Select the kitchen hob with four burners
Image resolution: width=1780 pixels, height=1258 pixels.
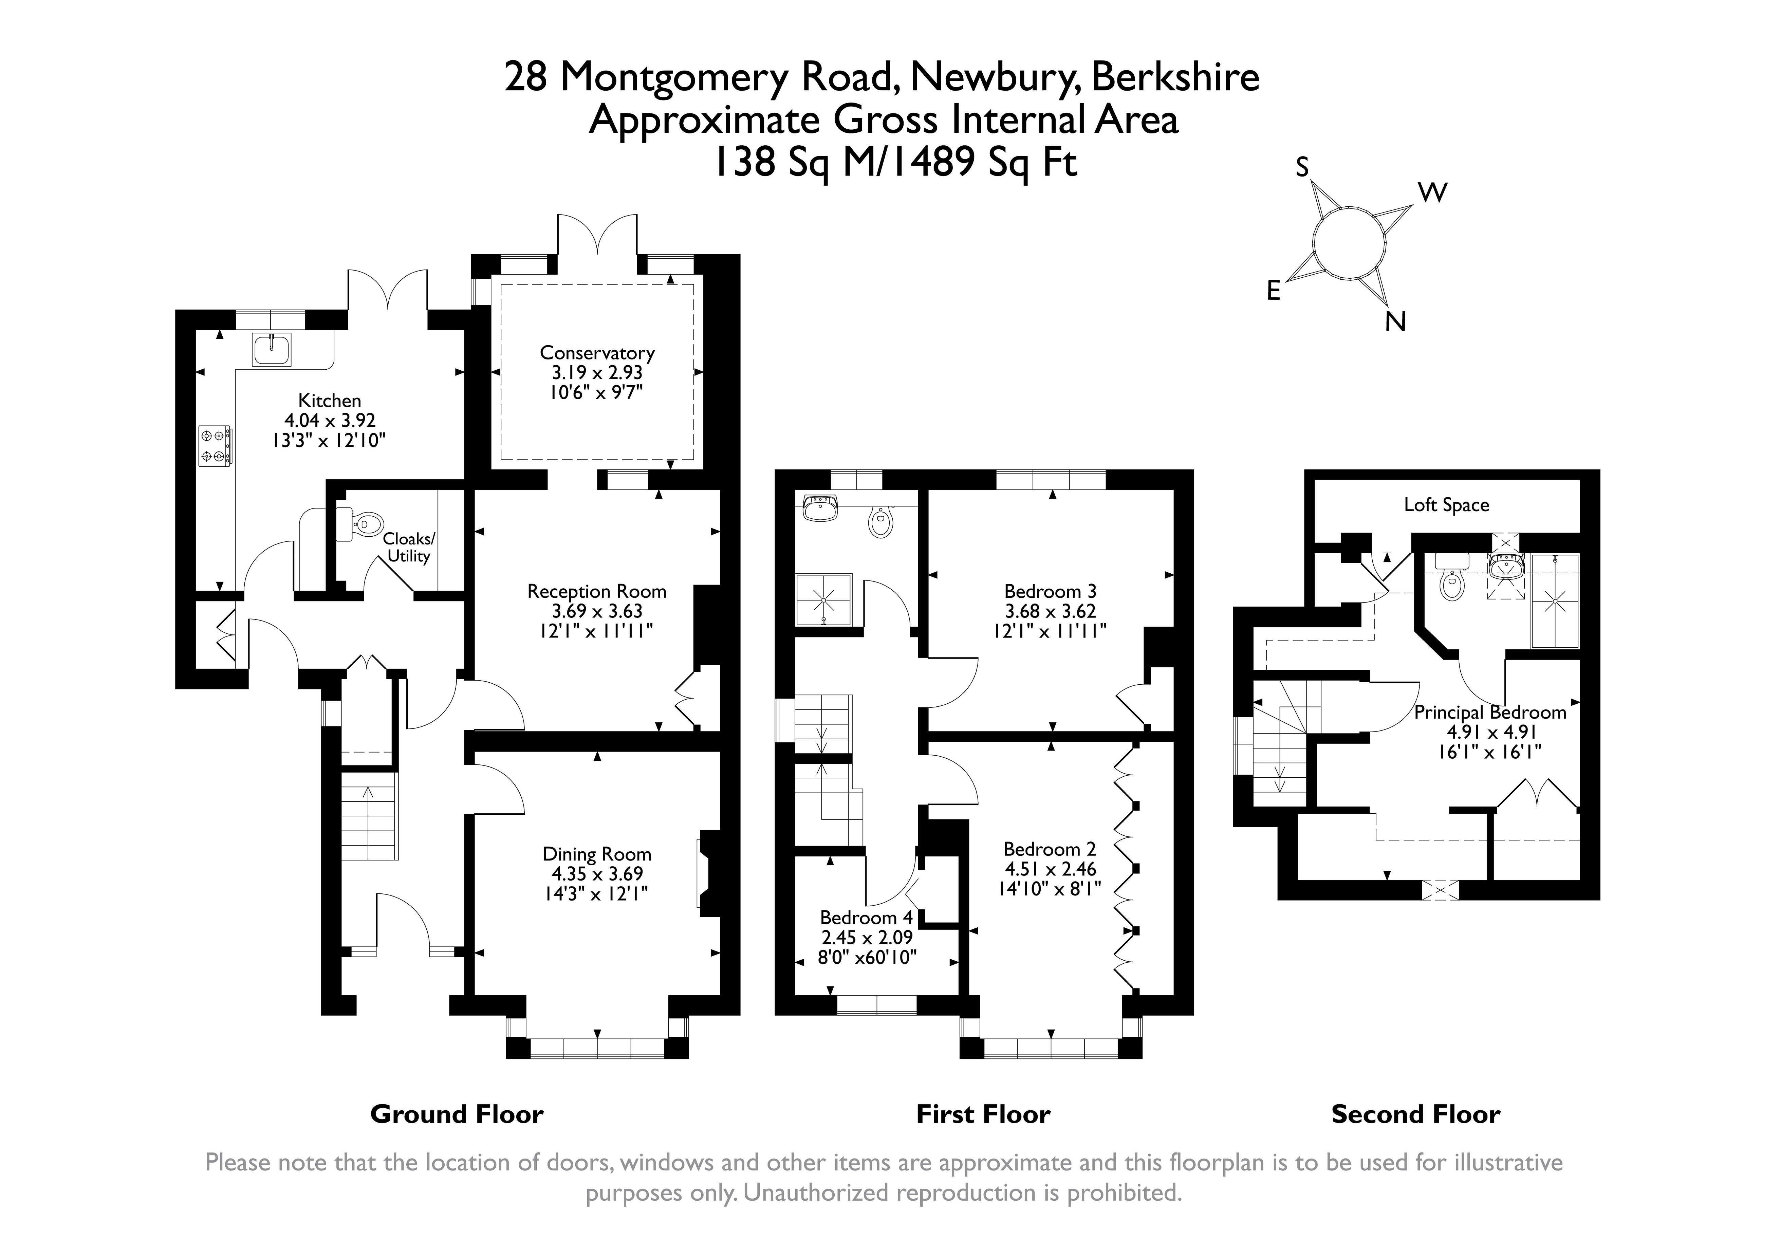point(215,446)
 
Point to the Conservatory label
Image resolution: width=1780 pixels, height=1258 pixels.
point(597,353)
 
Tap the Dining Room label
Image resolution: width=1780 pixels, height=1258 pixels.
point(597,854)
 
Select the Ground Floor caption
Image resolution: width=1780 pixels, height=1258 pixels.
point(457,1115)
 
